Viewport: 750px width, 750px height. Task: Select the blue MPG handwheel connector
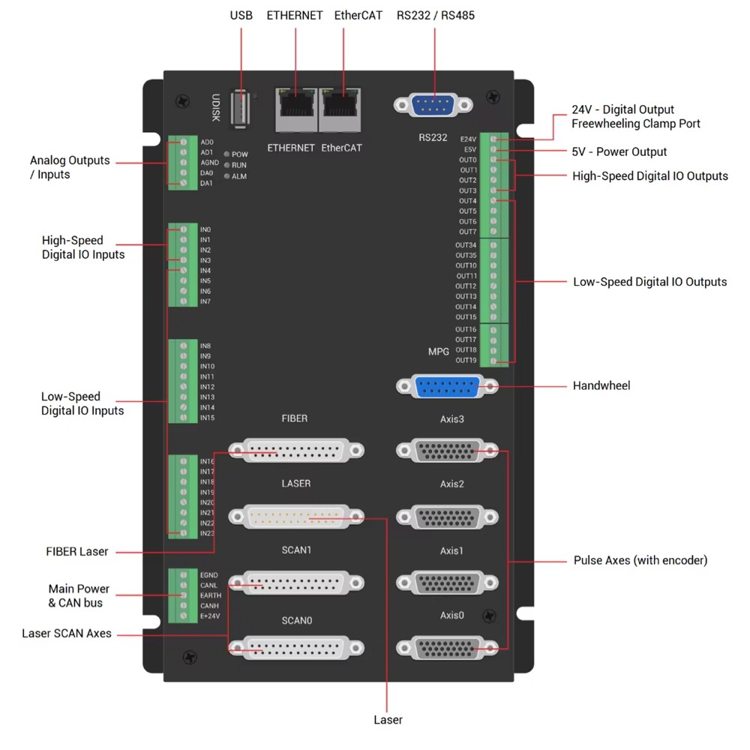click(447, 387)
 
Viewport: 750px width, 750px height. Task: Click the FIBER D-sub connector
click(296, 451)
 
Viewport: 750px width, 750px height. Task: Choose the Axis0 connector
click(447, 647)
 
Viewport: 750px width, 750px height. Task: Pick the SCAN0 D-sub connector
click(296, 647)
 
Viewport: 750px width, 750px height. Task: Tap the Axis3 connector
click(447, 451)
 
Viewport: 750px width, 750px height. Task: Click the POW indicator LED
click(226, 154)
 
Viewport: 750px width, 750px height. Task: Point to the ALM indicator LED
click(226, 176)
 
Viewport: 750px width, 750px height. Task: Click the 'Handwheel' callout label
click(601, 385)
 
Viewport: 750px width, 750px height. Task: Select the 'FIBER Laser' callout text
click(77, 552)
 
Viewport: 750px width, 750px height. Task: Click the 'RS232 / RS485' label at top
click(436, 15)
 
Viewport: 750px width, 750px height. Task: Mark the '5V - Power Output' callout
click(619, 151)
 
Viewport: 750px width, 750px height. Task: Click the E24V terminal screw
click(493, 139)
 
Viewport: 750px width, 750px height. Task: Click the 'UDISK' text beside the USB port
click(215, 107)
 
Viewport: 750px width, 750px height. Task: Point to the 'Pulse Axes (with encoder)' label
click(640, 560)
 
